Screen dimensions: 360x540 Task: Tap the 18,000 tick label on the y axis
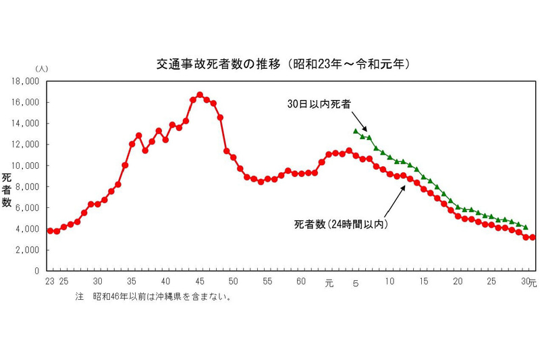coord(28,82)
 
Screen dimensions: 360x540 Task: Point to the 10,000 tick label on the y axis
coord(28,165)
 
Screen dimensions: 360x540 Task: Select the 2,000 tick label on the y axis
coord(30,250)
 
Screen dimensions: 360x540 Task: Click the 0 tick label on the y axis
coord(38,271)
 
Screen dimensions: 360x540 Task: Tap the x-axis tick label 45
coord(200,281)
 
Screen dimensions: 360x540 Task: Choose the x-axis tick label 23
coord(49,281)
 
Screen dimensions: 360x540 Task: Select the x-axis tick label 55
coord(268,281)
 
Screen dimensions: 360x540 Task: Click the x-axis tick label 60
coord(302,281)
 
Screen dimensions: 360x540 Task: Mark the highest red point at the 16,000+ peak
coord(200,95)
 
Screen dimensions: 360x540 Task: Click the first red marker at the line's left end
coord(50,231)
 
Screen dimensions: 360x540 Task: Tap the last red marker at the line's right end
coord(533,237)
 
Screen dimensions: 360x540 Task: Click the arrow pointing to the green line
coord(361,125)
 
